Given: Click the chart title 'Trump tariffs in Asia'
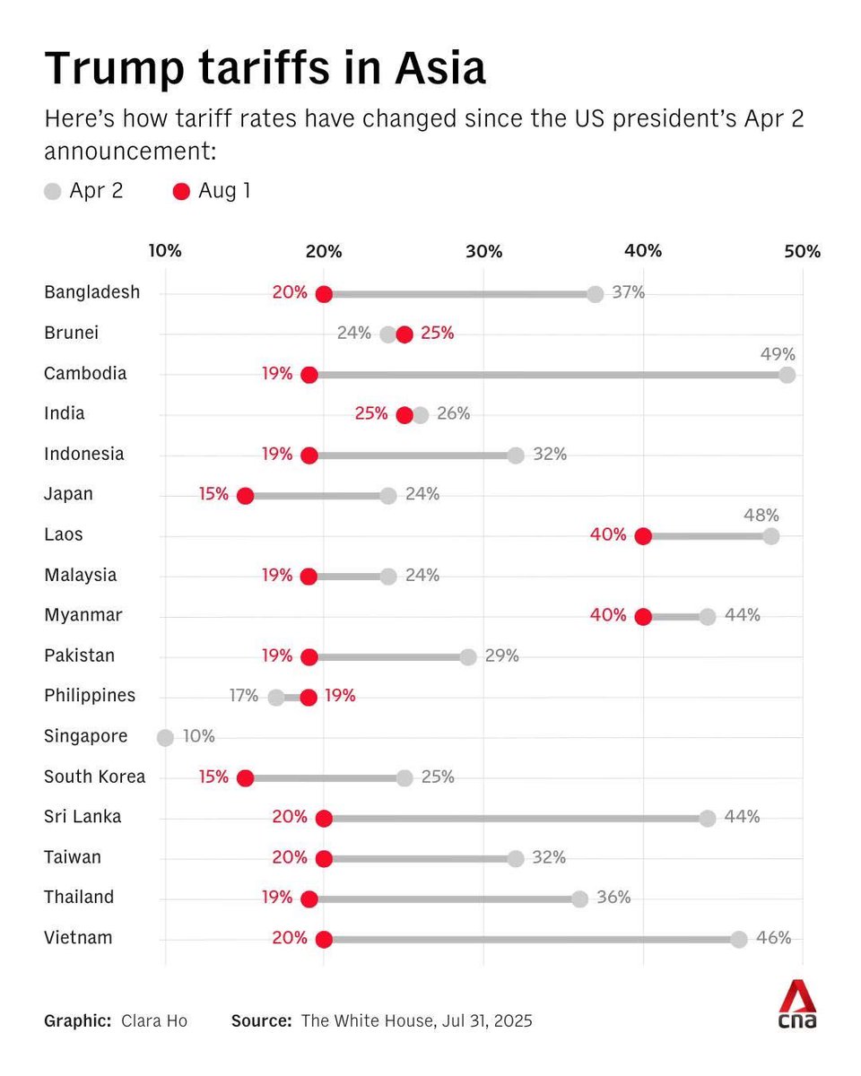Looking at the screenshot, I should (x=265, y=69).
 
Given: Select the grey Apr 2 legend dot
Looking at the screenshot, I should (x=53, y=191).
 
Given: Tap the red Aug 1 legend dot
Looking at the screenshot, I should (x=181, y=191).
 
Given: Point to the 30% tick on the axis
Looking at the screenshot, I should (x=483, y=251).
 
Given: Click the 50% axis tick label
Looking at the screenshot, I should (x=802, y=251).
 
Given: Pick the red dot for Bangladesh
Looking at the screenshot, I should (x=324, y=294).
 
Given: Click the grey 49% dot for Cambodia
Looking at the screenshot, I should (x=787, y=375).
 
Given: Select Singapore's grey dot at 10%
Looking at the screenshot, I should (x=165, y=738).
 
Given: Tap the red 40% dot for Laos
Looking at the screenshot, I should (x=642, y=536).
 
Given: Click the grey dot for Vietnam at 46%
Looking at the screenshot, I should (x=738, y=939).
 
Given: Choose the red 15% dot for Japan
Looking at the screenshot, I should (x=245, y=496).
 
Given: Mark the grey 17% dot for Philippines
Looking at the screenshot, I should (x=276, y=698).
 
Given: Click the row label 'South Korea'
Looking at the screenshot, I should (x=94, y=777).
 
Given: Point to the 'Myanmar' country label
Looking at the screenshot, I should (x=83, y=615).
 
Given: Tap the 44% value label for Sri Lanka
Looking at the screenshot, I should (x=743, y=817).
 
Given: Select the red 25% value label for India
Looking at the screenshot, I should (x=371, y=413).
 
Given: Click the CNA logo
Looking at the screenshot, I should (x=796, y=1004).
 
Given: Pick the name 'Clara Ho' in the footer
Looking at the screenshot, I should (x=155, y=1020).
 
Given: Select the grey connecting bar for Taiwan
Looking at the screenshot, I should (x=420, y=859).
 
